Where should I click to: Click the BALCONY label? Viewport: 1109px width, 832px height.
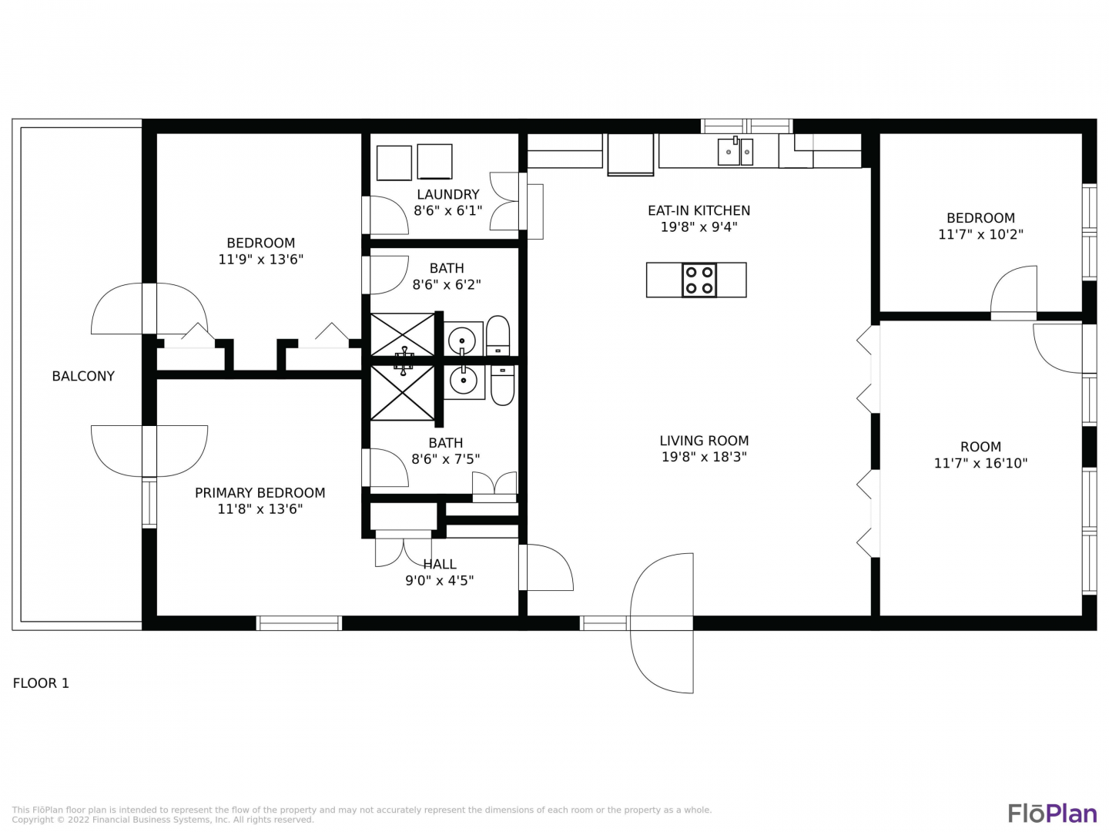click(83, 377)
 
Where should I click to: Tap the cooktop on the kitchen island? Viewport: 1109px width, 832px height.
click(699, 280)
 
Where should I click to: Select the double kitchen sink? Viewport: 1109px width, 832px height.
click(735, 152)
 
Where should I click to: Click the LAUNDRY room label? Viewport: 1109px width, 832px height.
click(448, 194)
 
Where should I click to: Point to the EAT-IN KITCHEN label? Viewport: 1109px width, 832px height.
click(699, 210)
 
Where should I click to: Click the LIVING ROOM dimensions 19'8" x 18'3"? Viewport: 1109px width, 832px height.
click(704, 457)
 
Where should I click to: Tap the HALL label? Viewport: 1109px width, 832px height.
click(440, 564)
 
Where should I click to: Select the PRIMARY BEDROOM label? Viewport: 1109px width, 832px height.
click(260, 493)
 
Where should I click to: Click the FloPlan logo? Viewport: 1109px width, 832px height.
click(1053, 814)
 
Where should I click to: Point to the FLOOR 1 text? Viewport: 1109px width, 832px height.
click(41, 683)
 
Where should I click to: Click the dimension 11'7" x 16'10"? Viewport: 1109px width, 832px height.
click(980, 463)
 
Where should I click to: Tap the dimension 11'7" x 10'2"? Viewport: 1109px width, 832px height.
click(980, 234)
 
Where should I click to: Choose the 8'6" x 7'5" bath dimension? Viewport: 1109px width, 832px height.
click(446, 459)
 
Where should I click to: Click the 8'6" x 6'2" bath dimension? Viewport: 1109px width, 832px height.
click(447, 285)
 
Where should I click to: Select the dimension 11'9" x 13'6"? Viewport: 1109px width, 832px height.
click(261, 260)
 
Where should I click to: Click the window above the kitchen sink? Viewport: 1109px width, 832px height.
click(746, 126)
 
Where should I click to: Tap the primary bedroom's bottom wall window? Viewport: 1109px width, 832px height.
click(299, 623)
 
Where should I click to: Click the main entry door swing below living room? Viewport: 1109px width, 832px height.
click(662, 623)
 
